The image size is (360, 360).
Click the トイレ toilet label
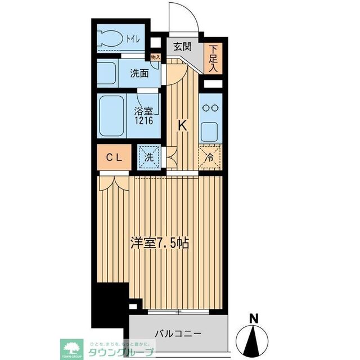click(x=134, y=39)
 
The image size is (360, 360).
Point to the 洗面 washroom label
click(x=139, y=73)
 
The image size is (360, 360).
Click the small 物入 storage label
click(x=156, y=57)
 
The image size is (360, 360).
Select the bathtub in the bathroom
click(x=111, y=116)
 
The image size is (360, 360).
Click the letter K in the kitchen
click(x=183, y=125)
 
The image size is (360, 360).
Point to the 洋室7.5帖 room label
click(x=160, y=243)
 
